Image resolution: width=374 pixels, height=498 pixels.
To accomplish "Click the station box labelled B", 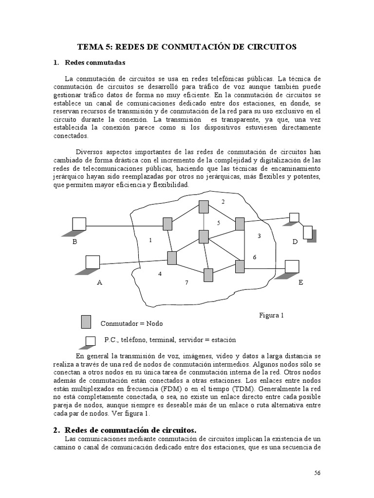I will (79, 223).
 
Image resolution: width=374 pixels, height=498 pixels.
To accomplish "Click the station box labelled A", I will (93, 262).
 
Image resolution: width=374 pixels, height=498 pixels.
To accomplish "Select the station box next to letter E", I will (291, 267).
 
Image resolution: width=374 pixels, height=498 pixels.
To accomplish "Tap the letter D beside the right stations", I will (295, 242).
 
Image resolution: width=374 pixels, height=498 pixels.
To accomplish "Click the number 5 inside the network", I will (219, 222).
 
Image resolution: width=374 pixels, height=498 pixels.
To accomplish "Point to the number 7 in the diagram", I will (186, 283).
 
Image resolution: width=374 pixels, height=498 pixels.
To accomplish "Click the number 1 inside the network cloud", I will (150, 240).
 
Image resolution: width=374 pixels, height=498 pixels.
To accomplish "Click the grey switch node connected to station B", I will (168, 224).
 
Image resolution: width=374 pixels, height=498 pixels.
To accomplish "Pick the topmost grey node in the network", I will (204, 207).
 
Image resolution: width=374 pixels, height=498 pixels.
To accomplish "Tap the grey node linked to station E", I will (240, 267).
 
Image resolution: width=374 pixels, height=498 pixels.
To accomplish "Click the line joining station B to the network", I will (124, 226).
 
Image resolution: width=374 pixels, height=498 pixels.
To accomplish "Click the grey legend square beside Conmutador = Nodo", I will (86, 321).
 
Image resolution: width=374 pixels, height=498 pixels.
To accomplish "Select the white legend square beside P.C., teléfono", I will (90, 340).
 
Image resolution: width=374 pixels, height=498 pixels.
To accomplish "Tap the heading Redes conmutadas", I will (95, 63).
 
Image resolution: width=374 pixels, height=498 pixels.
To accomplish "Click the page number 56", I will (317, 473).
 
